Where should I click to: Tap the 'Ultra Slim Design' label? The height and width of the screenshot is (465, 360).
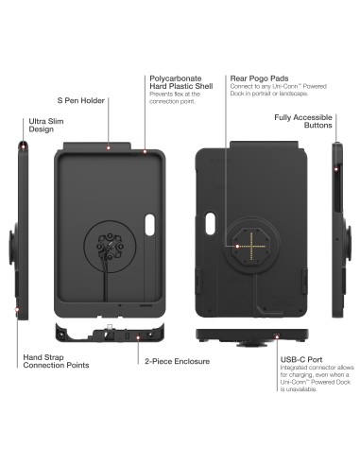[x=43, y=127]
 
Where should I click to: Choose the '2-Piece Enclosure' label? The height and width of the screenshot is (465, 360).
[x=178, y=361]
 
